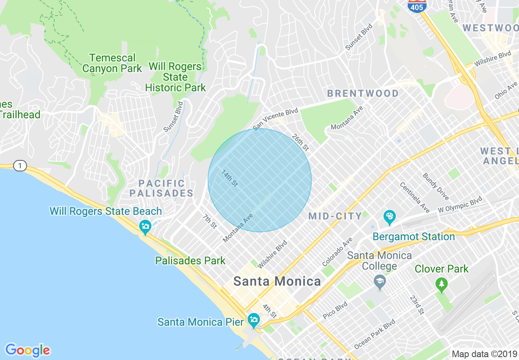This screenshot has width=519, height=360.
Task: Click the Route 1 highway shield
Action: (19, 166)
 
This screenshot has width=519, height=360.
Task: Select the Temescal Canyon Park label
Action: (112, 63)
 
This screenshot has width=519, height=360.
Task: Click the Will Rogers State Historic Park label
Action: (175, 77)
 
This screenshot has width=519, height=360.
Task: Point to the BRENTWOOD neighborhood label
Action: (363, 94)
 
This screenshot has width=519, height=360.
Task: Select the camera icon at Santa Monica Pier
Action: (254, 320)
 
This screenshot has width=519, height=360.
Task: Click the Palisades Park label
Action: (190, 261)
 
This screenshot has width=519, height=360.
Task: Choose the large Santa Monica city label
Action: (277, 281)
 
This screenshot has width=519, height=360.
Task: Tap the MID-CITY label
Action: (335, 216)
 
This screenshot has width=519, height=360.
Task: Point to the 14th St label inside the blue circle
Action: (230, 178)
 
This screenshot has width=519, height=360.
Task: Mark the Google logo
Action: (27, 350)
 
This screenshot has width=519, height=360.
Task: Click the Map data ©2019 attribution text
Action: (484, 354)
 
